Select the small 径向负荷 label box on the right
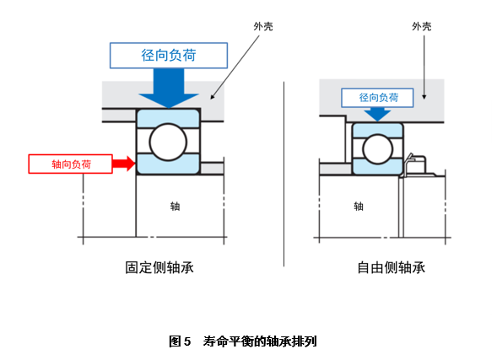378,99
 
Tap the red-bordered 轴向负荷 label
70,164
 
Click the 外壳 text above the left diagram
262,27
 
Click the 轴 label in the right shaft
358,206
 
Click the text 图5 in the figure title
181,341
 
